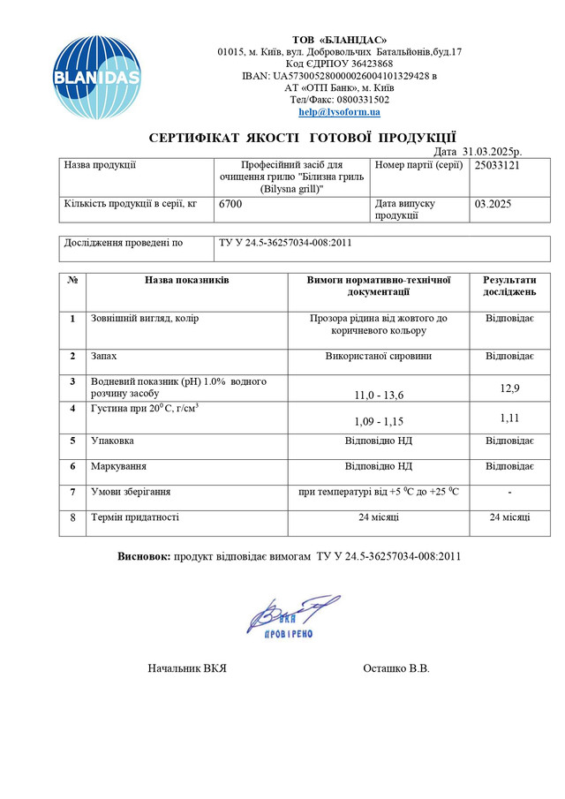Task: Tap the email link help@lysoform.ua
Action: (339, 112)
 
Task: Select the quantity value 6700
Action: (230, 204)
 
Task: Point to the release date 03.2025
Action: (493, 204)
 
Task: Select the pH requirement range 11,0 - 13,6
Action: (380, 395)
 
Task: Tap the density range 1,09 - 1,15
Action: (380, 421)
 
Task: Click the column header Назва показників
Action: (186, 280)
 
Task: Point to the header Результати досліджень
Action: (509, 285)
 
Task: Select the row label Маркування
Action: (119, 465)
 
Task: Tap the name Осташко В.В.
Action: (396, 668)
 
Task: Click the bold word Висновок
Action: (145, 556)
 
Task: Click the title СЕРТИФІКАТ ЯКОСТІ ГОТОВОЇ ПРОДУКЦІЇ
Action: (302, 137)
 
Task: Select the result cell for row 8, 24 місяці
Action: (509, 518)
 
